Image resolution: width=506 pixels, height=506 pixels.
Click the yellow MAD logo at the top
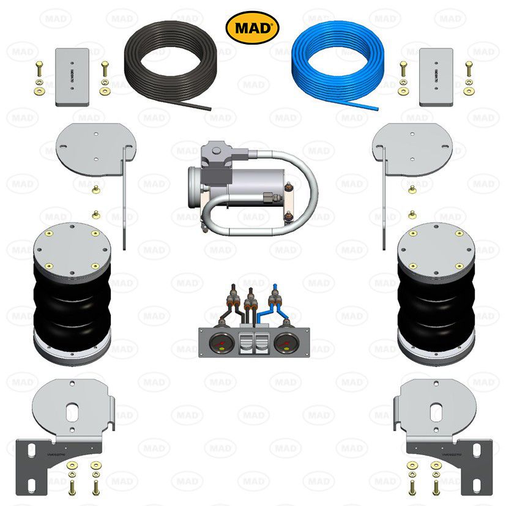point(253,28)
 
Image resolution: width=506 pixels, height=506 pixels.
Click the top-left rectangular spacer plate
point(72,76)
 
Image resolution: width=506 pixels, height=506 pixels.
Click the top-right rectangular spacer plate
point(436,76)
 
